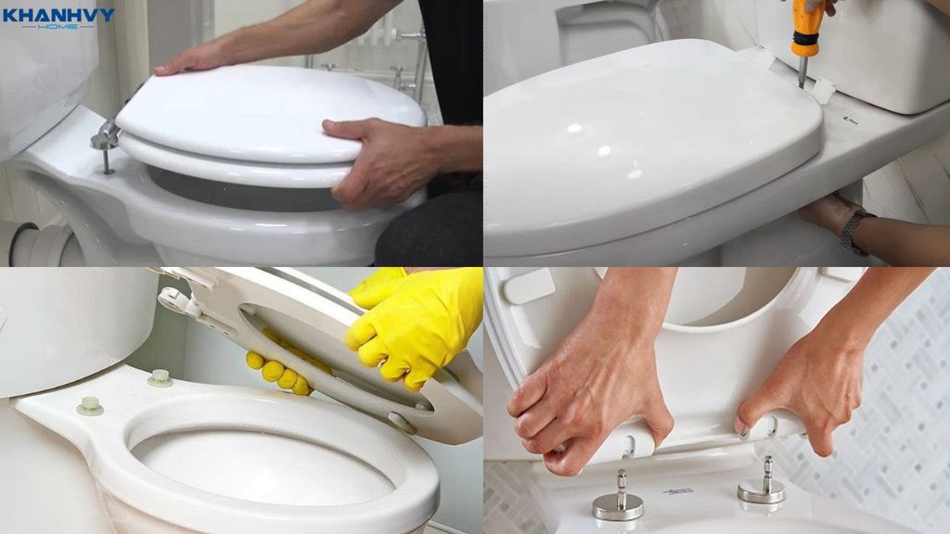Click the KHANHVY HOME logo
point(58,18)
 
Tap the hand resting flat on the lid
point(194,59)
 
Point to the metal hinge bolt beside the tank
point(106,142)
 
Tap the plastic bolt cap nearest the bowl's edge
point(90,406)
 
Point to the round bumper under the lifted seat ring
point(403,422)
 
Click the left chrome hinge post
point(619,498)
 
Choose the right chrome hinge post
point(763,482)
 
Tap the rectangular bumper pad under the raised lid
point(528,286)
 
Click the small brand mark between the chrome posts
point(678,491)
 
